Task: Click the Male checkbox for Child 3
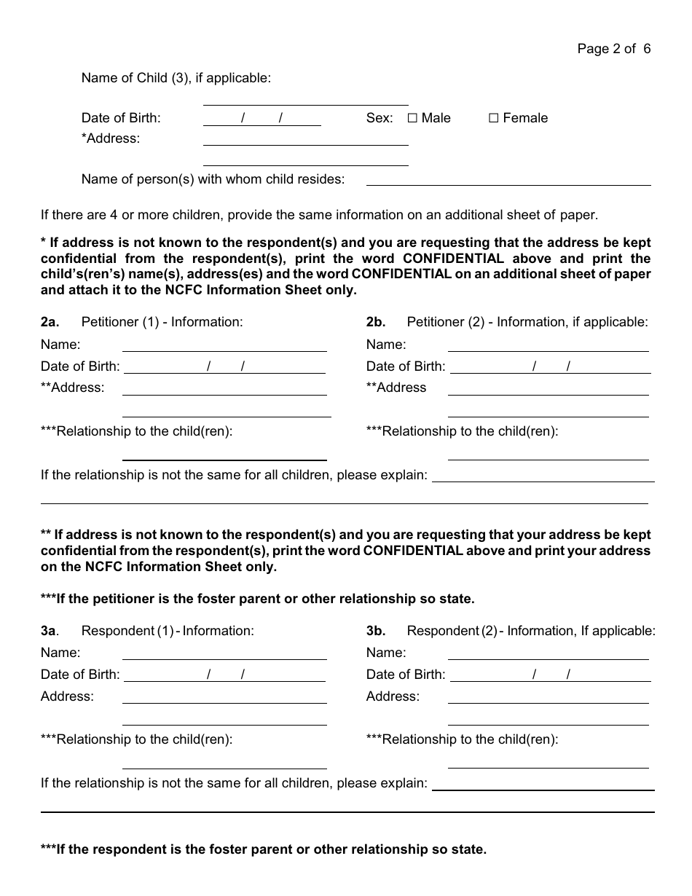(412, 118)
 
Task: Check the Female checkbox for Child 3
(493, 118)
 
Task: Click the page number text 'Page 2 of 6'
(613, 49)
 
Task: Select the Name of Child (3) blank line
(305, 98)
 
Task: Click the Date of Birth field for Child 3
(262, 118)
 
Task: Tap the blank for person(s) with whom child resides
(508, 178)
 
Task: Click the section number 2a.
(50, 322)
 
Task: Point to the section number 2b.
(376, 322)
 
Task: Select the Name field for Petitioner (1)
(224, 345)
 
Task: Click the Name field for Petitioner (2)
(548, 345)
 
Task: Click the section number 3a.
(50, 631)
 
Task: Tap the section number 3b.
(376, 631)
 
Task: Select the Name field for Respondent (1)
(224, 653)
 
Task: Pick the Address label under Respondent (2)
(393, 696)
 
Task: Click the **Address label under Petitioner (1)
(73, 388)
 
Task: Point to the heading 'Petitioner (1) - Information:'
(162, 322)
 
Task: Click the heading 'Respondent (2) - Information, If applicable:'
(531, 631)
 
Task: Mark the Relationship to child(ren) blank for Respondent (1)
(224, 761)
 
